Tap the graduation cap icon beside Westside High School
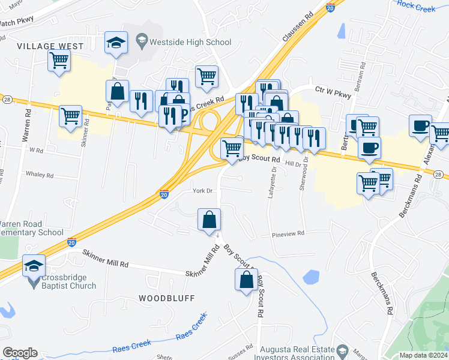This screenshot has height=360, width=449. (116, 43)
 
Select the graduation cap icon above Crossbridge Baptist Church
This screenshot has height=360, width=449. (34, 265)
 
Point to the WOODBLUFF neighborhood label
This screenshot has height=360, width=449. (164, 298)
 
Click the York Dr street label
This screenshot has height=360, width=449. (202, 191)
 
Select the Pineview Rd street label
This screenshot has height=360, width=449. (288, 234)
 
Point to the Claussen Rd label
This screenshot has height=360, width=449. (298, 28)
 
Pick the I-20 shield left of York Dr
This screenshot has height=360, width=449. (164, 194)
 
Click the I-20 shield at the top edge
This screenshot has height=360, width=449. (330, 7)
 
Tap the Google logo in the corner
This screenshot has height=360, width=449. (20, 353)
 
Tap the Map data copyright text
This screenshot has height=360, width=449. (424, 355)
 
